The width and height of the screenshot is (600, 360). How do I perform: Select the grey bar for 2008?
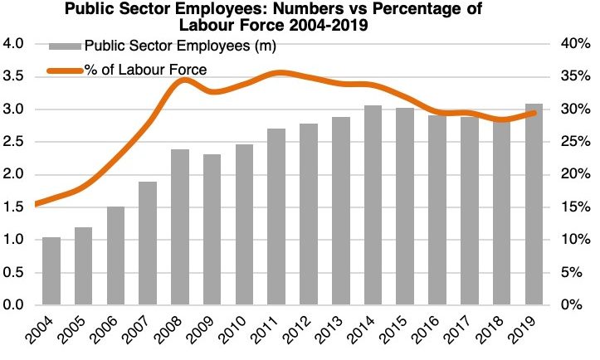180,227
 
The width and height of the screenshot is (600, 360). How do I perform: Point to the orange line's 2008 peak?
182,80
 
